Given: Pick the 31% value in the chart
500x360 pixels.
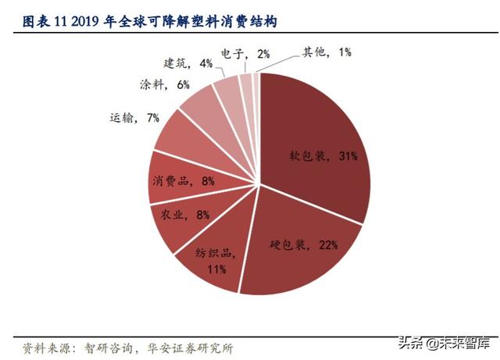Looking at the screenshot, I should click(x=348, y=156).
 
